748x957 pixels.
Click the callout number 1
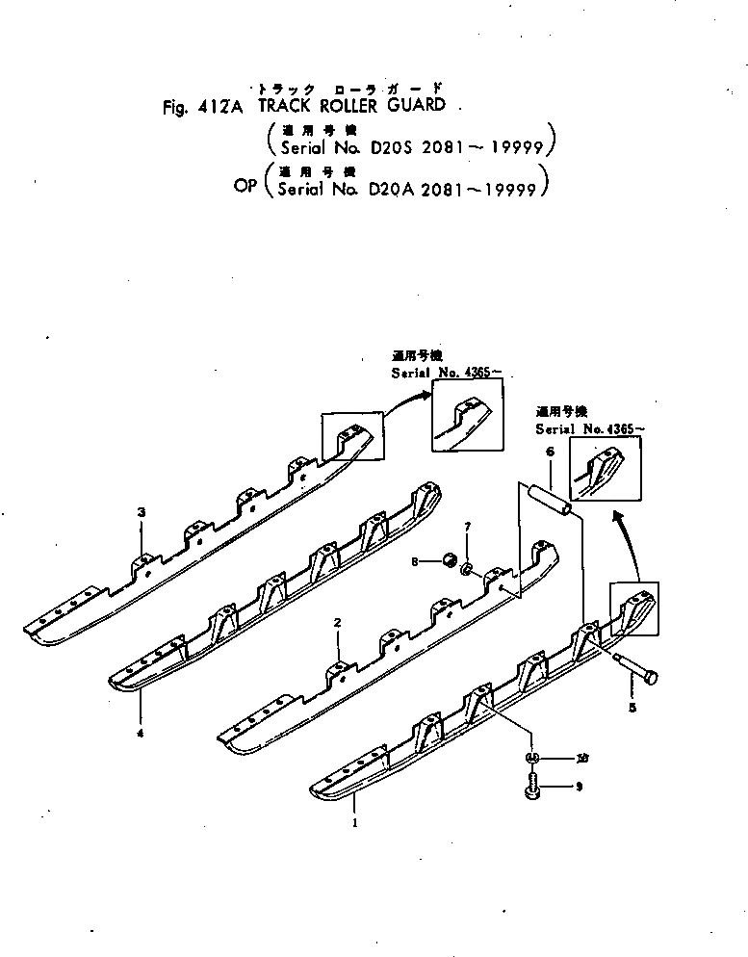pyautogui.click(x=357, y=824)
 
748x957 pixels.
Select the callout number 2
pyautogui.click(x=338, y=623)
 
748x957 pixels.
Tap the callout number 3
pyautogui.click(x=142, y=512)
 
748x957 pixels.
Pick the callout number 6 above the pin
pyautogui.click(x=549, y=452)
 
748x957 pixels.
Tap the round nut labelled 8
pyautogui.click(x=450, y=561)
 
